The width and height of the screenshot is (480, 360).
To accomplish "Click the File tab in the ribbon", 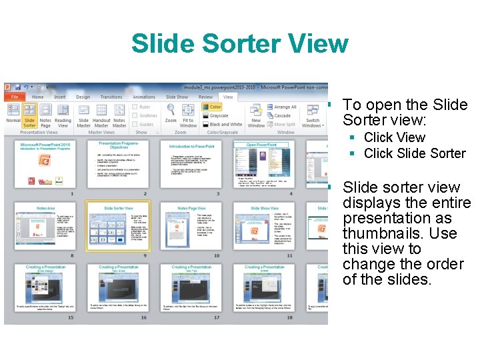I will pyautogui.click(x=14, y=97).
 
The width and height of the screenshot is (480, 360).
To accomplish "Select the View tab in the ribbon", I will pyautogui.click(x=228, y=97).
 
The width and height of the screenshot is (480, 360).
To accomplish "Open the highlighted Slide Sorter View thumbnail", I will pyautogui.click(x=119, y=225).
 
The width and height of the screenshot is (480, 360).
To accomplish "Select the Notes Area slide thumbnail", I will pyautogui.click(x=45, y=225).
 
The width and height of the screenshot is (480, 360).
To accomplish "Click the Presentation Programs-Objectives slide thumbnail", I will pyautogui.click(x=119, y=164).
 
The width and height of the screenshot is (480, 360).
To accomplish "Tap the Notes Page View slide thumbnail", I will pyautogui.click(x=192, y=225).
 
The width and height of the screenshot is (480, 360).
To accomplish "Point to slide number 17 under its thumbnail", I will pyautogui.click(x=216, y=317).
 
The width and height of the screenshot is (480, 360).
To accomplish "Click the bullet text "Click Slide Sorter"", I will pyautogui.click(x=415, y=153).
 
